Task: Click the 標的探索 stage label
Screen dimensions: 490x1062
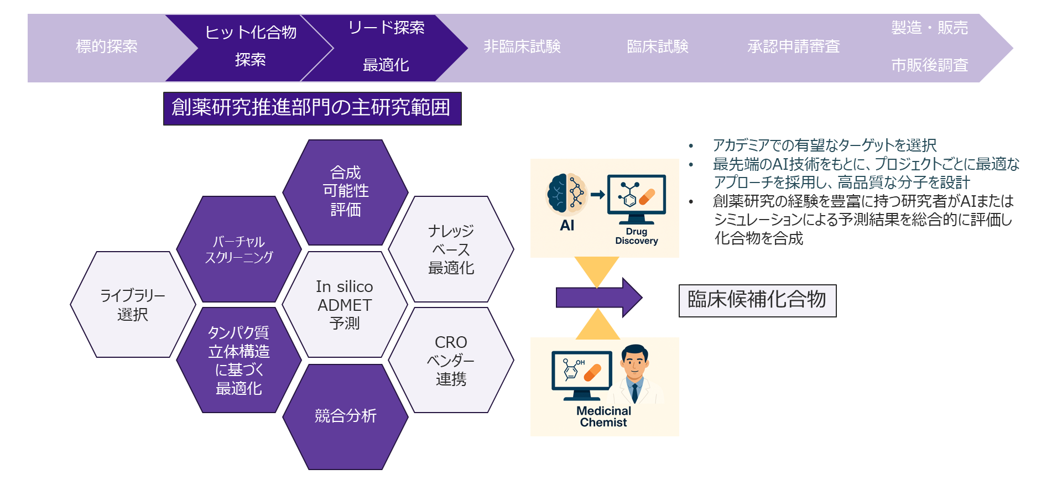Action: (x=106, y=46)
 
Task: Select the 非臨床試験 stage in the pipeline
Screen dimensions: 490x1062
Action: (x=522, y=46)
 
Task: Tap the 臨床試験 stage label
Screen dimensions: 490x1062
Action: (x=657, y=46)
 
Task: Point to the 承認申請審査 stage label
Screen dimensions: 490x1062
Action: (x=793, y=46)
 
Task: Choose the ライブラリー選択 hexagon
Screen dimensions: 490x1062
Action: (x=133, y=305)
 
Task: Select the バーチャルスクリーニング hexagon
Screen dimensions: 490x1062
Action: (x=239, y=249)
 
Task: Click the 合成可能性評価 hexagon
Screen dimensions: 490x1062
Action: (x=345, y=191)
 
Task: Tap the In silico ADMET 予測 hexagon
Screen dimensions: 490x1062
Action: (x=345, y=305)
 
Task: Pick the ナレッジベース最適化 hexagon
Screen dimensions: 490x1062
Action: (x=451, y=249)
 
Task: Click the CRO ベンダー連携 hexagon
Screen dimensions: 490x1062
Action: (x=451, y=360)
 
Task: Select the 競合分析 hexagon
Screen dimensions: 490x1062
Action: (x=345, y=416)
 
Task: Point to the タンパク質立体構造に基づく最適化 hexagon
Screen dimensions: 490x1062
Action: (x=239, y=360)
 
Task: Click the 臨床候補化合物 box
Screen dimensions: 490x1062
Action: (x=757, y=300)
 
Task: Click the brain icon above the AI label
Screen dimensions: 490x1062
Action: (x=565, y=195)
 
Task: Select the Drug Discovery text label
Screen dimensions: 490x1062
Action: (x=636, y=236)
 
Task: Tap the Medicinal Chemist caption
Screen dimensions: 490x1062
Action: (x=603, y=416)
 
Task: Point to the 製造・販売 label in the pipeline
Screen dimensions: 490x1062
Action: (x=929, y=28)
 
